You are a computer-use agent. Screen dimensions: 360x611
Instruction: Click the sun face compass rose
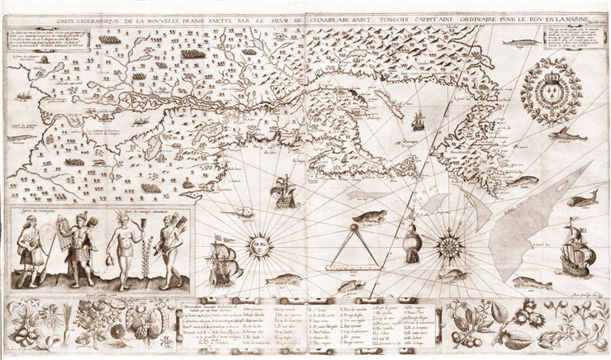258,245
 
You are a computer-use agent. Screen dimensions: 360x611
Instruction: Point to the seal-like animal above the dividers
369,218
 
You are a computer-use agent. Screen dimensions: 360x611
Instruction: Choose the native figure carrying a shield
79,246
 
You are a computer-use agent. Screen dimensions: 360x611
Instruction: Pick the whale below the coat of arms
570,132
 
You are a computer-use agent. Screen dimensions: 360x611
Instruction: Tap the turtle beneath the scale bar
350,286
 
